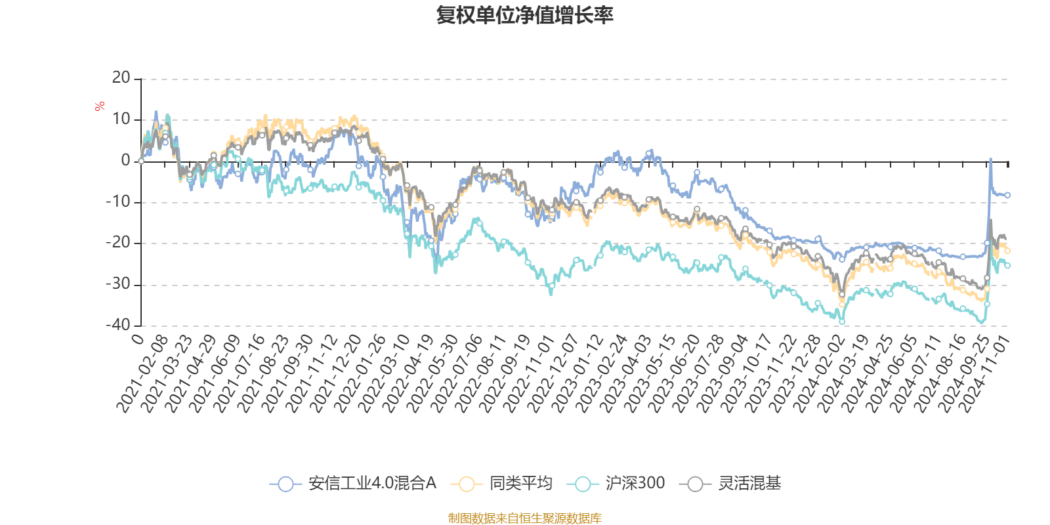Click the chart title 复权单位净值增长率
[x=525, y=15]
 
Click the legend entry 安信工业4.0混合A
[x=354, y=484]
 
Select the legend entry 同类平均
[x=502, y=484]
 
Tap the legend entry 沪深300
[x=619, y=484]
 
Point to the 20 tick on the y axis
[x=121, y=78]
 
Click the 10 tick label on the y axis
[x=121, y=119]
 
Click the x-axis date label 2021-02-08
[x=143, y=374]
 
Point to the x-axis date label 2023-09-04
[x=722, y=374]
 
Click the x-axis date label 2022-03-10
[x=384, y=374]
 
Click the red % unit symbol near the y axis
[x=100, y=106]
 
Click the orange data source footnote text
[x=525, y=518]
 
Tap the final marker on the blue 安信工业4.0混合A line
[x=1007, y=195]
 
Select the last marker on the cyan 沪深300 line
[x=1007, y=265]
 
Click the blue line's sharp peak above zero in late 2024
[x=990, y=159]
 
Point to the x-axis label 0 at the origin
[x=137, y=339]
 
